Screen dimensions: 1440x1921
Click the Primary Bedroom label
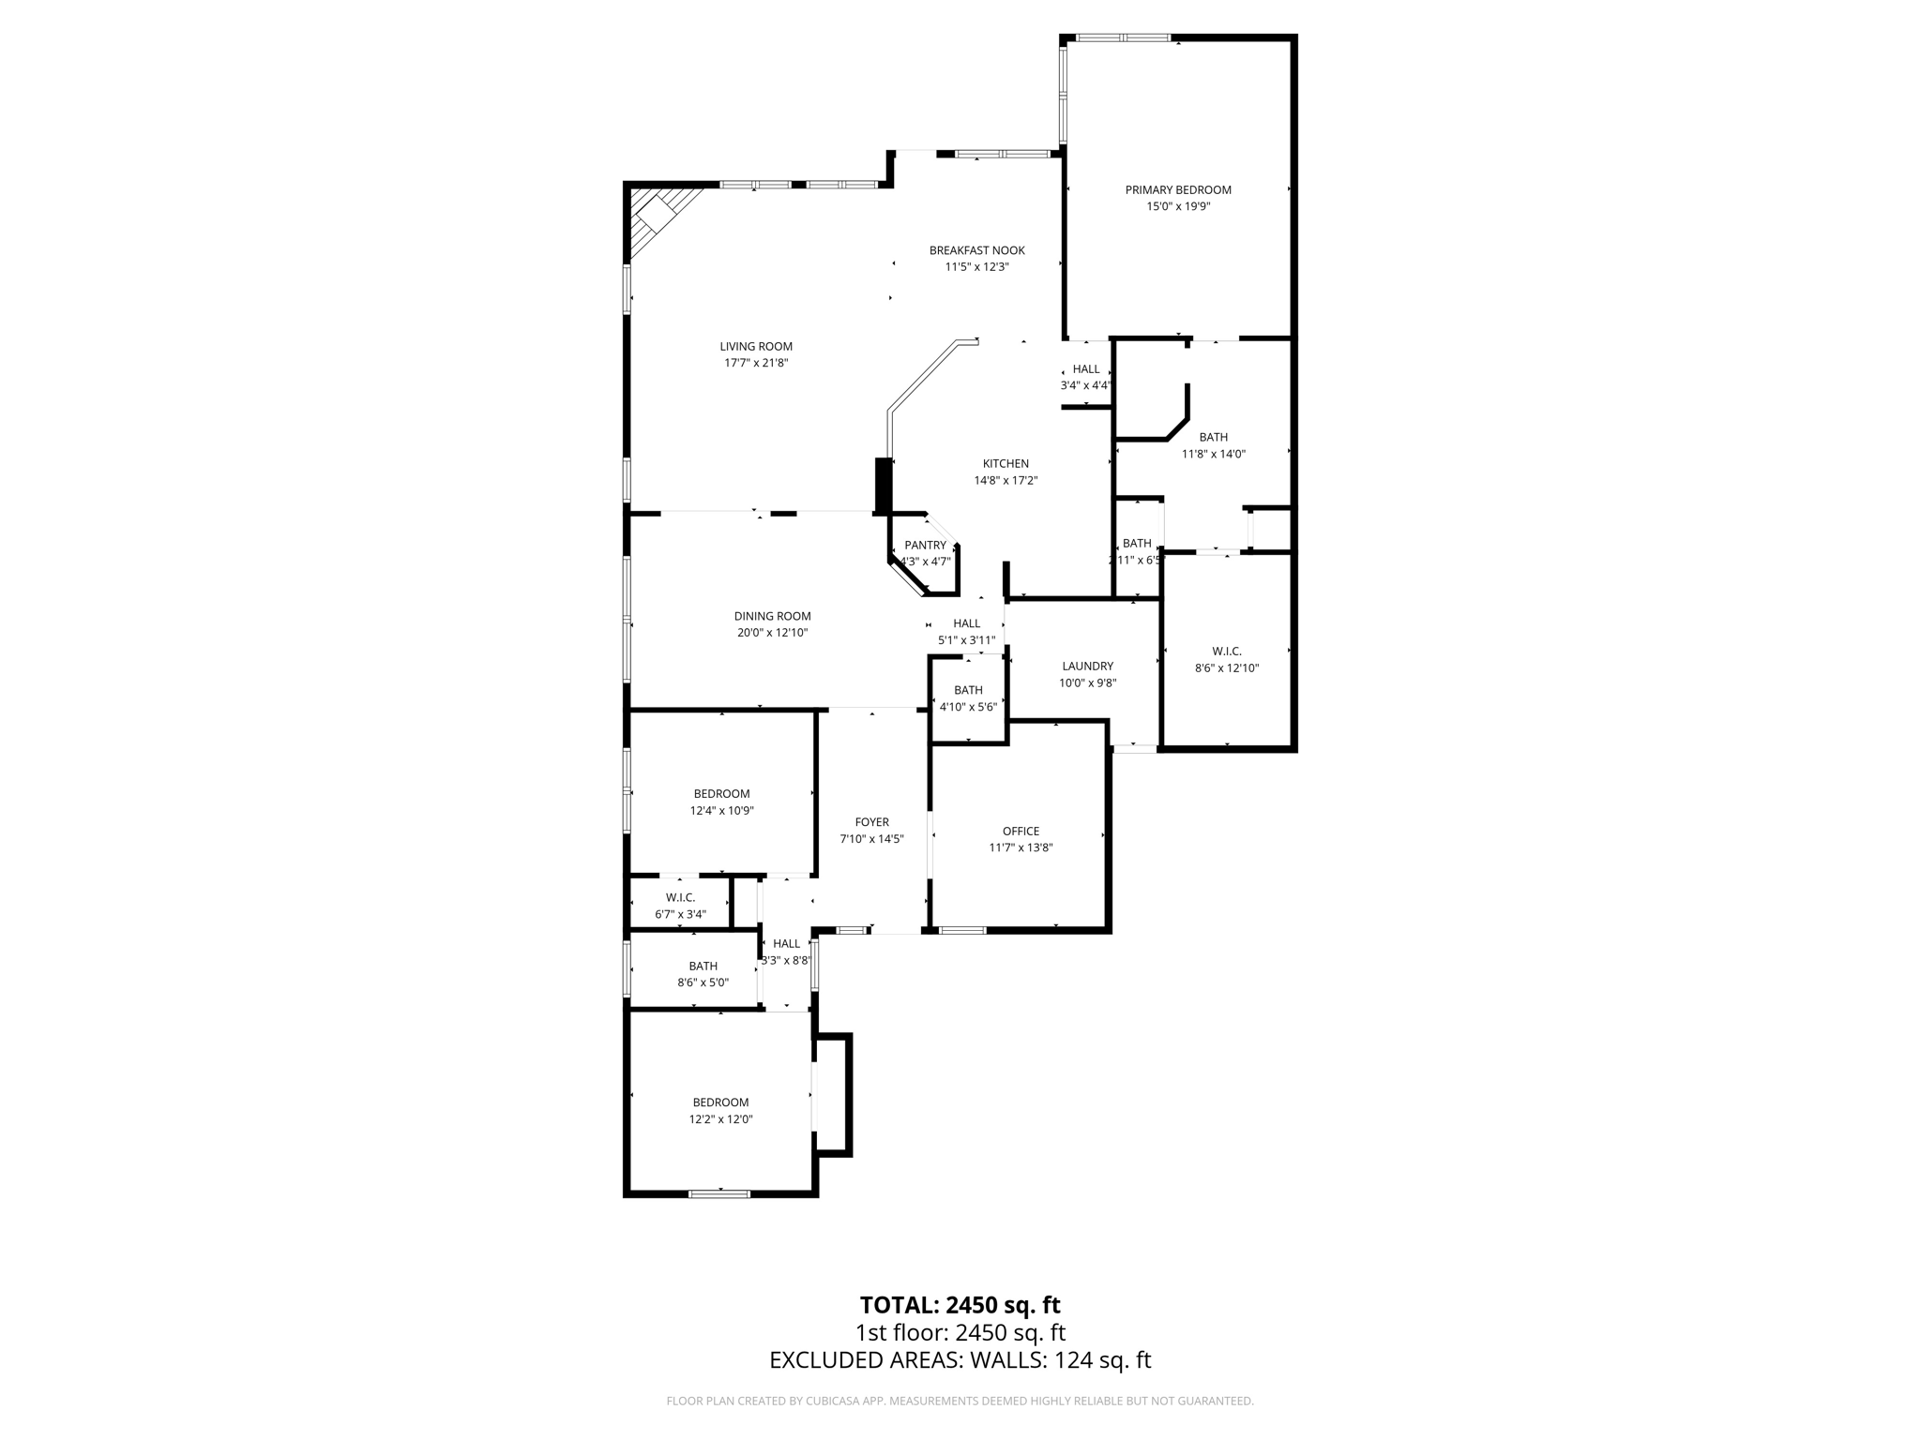point(1178,190)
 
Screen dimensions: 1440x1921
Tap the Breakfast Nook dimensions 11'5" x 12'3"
point(976,267)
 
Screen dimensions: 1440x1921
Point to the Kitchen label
point(1006,464)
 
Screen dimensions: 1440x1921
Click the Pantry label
point(925,546)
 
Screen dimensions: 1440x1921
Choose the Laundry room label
point(1087,667)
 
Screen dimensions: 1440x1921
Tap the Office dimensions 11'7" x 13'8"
point(1021,847)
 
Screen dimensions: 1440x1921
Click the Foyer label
point(871,822)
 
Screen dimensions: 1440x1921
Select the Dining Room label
point(772,616)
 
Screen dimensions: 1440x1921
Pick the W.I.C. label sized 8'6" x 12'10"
point(1226,652)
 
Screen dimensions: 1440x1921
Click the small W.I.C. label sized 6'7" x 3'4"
point(680,898)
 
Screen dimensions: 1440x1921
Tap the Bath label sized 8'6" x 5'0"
point(703,967)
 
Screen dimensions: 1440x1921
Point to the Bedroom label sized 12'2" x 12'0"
point(720,1102)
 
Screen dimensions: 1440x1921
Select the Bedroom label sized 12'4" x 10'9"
point(721,794)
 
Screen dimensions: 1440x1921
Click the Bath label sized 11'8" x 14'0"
point(1213,438)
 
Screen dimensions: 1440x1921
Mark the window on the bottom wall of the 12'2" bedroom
point(719,1193)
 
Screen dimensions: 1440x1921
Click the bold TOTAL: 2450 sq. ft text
point(960,1305)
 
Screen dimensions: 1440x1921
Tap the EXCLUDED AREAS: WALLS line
point(960,1360)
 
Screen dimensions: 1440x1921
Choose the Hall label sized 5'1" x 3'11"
point(966,623)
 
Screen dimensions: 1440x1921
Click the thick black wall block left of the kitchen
point(882,485)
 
